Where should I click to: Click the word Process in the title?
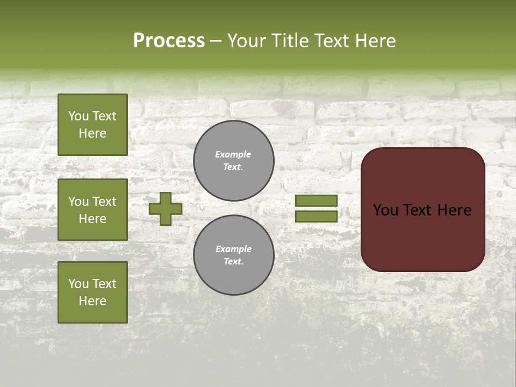point(169,41)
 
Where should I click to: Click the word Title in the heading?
point(291,41)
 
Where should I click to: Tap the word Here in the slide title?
point(374,41)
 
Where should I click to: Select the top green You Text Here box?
point(92,125)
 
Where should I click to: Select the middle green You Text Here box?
point(92,210)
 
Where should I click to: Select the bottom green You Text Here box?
point(92,292)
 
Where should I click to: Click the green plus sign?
point(166,209)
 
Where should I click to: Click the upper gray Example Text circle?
point(234,161)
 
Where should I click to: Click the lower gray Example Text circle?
point(234,255)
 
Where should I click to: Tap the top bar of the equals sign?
point(316,201)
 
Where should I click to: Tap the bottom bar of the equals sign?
point(316,217)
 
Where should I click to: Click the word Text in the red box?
point(417,210)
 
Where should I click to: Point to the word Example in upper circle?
point(233,155)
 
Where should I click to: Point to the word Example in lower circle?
point(233,249)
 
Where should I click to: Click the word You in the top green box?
point(78,116)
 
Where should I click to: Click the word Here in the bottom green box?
point(92,302)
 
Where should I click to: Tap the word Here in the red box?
point(454,210)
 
